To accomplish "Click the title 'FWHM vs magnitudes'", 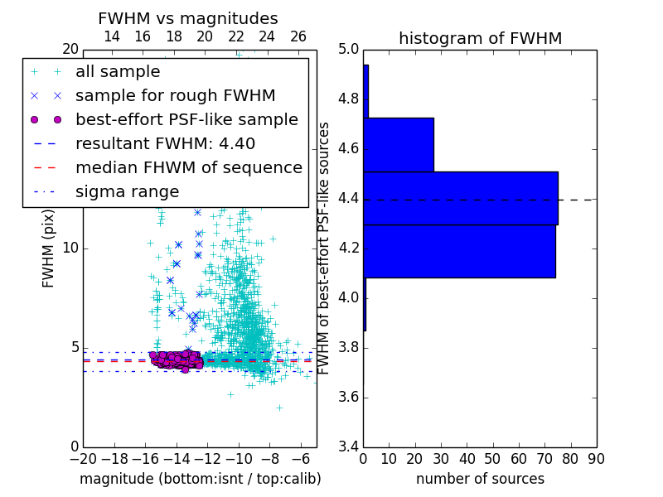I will (188, 19).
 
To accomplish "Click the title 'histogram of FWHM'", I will (480, 38).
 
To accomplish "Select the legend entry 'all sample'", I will (118, 72).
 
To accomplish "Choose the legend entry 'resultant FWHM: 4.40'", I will (165, 144).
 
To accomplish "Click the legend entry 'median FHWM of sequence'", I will (188, 168).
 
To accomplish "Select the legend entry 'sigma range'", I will (127, 192).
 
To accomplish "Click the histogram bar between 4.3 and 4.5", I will (460, 198).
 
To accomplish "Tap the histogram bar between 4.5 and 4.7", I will (399, 145).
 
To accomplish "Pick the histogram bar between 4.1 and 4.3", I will (459, 251).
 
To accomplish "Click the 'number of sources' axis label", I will (480, 479).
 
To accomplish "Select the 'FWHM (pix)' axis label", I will (49, 248).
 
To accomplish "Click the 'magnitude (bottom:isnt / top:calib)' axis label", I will (200, 479).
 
